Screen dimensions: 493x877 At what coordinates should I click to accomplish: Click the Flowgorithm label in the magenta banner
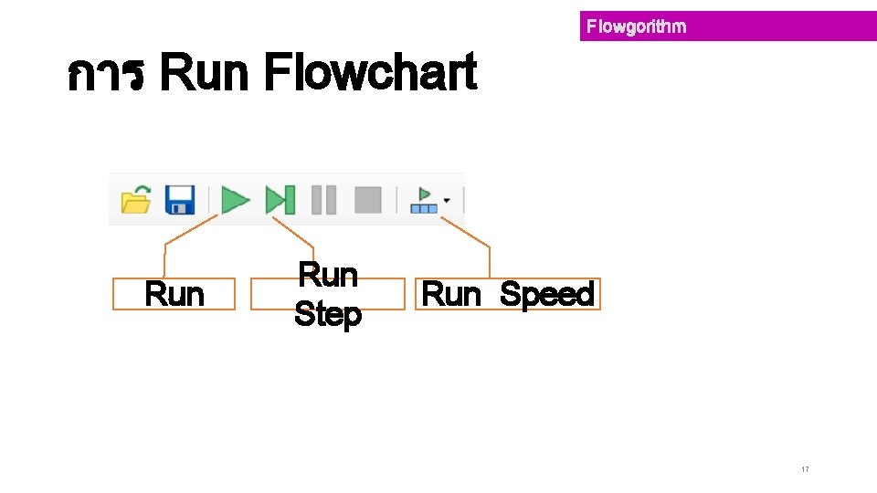[636, 26]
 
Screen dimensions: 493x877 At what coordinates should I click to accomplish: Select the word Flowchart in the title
[369, 73]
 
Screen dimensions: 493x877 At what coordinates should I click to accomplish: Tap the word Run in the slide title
[204, 73]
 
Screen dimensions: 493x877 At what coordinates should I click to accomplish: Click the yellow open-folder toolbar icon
[136, 199]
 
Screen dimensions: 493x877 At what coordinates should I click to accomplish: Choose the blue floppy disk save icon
[180, 199]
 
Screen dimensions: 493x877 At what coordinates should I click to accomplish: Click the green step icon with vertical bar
[280, 199]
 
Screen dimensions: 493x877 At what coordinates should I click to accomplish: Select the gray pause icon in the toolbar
[323, 199]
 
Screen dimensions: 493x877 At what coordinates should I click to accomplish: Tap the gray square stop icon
[367, 199]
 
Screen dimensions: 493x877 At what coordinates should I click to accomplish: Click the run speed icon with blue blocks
[423, 200]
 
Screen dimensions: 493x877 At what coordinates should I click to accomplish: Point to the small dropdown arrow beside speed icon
[447, 200]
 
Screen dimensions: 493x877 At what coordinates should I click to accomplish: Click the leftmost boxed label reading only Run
[174, 295]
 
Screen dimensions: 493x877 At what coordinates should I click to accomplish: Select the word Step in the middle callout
[328, 315]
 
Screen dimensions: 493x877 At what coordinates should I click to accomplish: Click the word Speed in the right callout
[547, 295]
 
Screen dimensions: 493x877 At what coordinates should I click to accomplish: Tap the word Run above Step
[328, 274]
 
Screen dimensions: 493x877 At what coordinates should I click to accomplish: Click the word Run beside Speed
[451, 295]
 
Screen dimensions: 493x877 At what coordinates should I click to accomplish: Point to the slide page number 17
[805, 469]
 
